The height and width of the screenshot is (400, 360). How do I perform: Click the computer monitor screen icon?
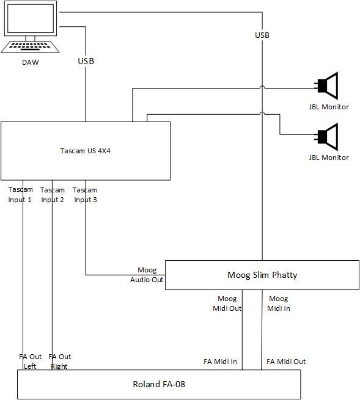pyautogui.click(x=31, y=18)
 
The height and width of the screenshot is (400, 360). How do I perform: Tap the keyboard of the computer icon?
pyautogui.click(x=30, y=46)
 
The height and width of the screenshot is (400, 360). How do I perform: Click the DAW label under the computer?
pyautogui.click(x=31, y=62)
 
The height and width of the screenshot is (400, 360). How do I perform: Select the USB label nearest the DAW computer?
pyautogui.click(x=86, y=61)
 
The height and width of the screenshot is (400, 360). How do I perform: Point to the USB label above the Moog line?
pyautogui.click(x=262, y=35)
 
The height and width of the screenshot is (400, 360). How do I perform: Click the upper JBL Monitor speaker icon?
pyautogui.click(x=328, y=85)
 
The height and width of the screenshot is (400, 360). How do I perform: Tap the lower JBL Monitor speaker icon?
pyautogui.click(x=328, y=137)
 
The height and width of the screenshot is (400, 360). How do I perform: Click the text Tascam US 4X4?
pyautogui.click(x=86, y=151)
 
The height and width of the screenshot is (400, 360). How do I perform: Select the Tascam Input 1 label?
pyautogui.click(x=20, y=195)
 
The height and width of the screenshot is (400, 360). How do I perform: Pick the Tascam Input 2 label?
pyautogui.click(x=53, y=195)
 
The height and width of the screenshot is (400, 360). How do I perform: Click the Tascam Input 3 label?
pyautogui.click(x=85, y=195)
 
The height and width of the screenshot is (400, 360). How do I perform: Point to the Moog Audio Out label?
pyautogui.click(x=147, y=275)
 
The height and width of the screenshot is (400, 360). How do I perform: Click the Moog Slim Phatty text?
pyautogui.click(x=262, y=275)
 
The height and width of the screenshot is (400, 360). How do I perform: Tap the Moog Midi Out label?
pyautogui.click(x=227, y=304)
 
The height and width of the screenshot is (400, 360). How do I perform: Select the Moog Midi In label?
pyautogui.click(x=279, y=304)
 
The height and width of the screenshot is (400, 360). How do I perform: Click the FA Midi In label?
pyautogui.click(x=221, y=362)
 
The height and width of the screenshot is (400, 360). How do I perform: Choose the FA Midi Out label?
pyautogui.click(x=286, y=362)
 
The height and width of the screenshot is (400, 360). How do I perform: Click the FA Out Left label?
pyautogui.click(x=30, y=362)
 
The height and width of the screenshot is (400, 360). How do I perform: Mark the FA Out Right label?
pyautogui.click(x=59, y=362)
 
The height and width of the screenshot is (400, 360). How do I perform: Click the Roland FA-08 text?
pyautogui.click(x=159, y=384)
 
